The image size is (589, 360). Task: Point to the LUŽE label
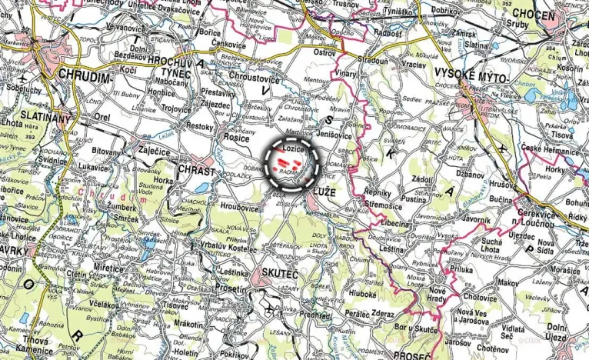[x=325, y=188]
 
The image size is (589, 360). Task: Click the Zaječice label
[x=155, y=151]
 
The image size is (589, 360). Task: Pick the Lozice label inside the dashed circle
[x=294, y=147]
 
